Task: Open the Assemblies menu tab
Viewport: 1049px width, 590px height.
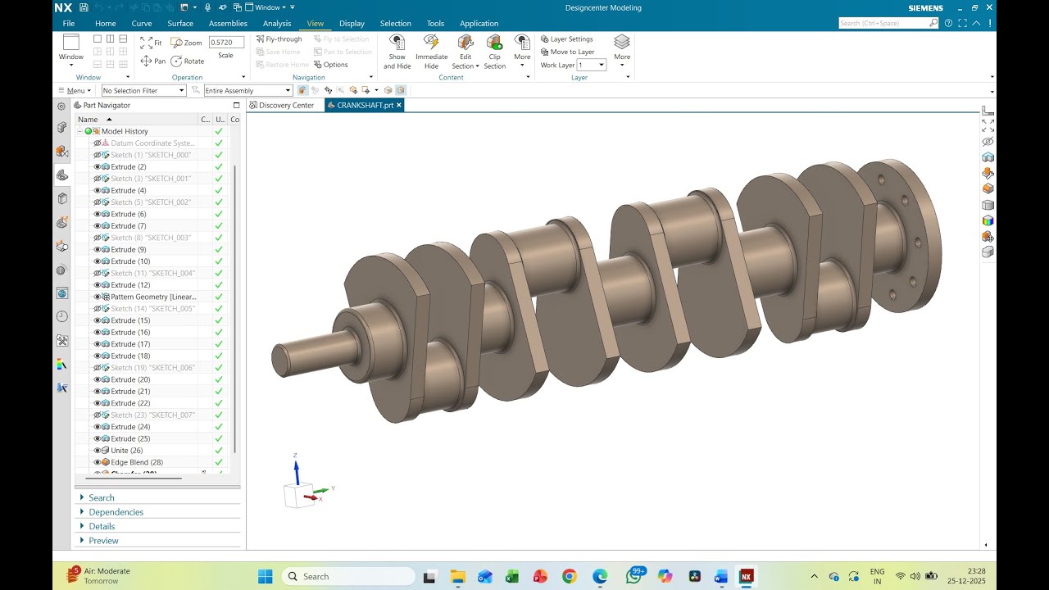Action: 228,24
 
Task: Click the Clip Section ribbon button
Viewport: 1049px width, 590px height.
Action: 494,52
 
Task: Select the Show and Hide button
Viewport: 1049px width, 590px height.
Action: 397,52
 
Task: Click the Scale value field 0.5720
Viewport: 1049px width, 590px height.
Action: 225,42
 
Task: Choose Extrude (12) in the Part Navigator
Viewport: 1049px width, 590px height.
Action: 130,285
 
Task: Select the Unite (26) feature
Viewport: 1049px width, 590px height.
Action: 127,451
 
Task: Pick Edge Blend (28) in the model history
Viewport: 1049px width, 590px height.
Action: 137,462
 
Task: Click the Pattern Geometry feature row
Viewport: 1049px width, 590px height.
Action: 153,297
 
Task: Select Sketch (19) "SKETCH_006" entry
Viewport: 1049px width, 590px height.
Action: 152,368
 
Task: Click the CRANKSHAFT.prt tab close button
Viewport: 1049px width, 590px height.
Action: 399,105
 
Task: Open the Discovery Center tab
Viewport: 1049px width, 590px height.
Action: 286,106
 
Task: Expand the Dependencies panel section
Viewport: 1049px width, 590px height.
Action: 116,512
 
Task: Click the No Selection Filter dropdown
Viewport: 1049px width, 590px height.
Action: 143,91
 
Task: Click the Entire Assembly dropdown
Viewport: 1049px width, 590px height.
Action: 248,91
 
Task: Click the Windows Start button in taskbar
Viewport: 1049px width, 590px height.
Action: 266,577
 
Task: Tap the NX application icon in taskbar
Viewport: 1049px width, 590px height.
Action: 746,577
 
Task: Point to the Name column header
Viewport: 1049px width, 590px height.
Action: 89,120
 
